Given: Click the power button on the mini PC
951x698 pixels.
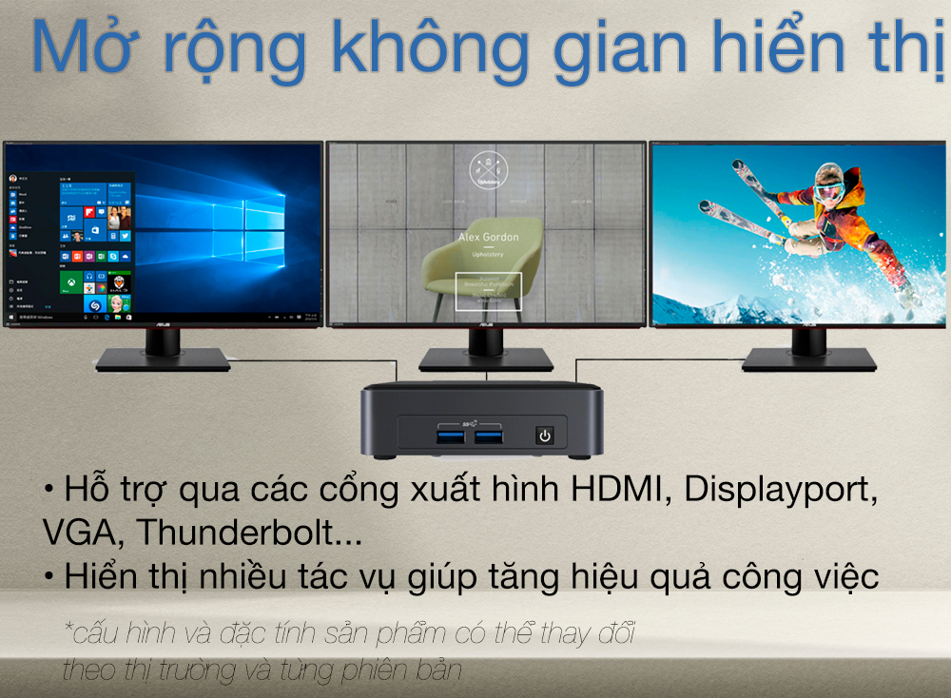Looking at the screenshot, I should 544,436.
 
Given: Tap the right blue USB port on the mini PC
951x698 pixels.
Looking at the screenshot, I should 489,436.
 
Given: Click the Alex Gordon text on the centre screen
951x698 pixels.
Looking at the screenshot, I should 488,237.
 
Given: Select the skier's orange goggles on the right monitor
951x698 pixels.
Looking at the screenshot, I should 826,191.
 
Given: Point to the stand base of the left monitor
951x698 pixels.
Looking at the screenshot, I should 163,358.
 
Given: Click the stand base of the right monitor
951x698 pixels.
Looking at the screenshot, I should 808,358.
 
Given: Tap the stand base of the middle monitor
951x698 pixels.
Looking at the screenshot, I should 486,358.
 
